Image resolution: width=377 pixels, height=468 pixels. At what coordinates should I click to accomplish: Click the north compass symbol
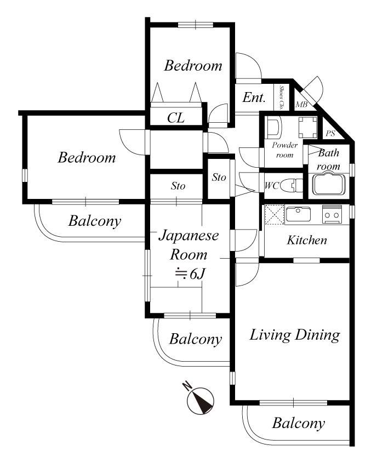coord(201,401)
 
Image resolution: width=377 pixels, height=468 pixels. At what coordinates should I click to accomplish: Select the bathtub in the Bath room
coord(329,184)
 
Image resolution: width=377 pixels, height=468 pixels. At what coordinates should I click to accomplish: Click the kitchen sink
coord(298,213)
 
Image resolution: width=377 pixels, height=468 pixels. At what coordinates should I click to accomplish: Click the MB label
coord(301,105)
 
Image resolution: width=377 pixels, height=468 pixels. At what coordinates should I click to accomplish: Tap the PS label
coord(330,133)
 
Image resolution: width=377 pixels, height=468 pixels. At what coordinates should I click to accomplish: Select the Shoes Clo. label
coord(281,98)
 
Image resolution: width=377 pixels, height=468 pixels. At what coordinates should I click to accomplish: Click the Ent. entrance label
coord(254,98)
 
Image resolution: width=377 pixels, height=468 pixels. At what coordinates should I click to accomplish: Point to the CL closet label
coord(176,118)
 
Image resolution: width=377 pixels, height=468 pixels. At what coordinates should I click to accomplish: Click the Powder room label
coord(284,150)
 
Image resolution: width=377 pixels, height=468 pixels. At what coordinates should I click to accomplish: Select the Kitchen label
coord(306,240)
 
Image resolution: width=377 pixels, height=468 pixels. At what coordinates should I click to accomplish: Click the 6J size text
coord(190,273)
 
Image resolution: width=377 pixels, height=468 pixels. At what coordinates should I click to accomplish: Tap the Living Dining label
coord(295,335)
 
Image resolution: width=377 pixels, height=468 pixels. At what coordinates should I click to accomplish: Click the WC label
coord(272,186)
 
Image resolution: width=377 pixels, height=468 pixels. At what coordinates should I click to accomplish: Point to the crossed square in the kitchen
coord(275,215)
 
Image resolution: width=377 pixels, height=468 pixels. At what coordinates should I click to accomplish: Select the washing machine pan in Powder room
coord(308,126)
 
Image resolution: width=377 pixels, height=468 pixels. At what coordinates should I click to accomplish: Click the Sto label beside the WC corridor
coord(219,178)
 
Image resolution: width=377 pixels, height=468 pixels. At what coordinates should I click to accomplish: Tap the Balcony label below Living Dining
coord(298,423)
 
